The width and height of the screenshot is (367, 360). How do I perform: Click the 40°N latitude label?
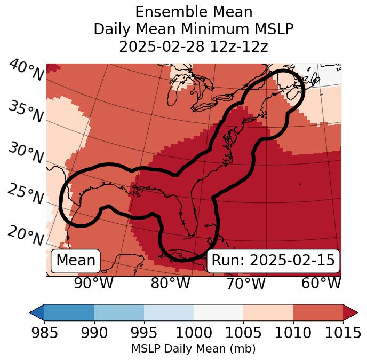click(x=26, y=71)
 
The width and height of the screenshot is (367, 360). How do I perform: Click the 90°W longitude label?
click(x=93, y=283)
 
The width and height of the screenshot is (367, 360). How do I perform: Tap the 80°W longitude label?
click(x=171, y=283)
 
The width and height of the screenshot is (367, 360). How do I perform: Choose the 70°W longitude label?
click(x=245, y=283)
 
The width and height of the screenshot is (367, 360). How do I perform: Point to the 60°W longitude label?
click(x=321, y=283)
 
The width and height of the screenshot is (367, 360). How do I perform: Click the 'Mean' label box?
click(x=76, y=261)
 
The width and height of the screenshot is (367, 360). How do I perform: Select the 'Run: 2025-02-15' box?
click(x=273, y=261)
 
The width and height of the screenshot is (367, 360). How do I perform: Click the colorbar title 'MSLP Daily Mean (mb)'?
click(x=193, y=349)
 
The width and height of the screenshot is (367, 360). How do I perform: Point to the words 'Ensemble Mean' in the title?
click(x=193, y=12)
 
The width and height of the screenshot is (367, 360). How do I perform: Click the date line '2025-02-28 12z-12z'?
click(x=193, y=46)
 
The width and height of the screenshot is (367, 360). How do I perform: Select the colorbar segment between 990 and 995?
click(x=119, y=312)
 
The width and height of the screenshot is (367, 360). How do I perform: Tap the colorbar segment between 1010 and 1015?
click(x=318, y=312)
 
